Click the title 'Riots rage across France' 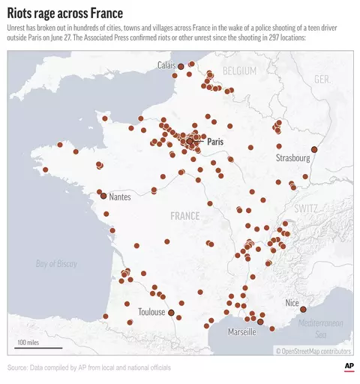(66, 13)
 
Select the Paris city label (215, 141)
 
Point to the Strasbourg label (292, 158)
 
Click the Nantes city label (119, 196)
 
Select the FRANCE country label (184, 216)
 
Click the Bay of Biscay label (57, 263)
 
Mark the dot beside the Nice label (303, 308)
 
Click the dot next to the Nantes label (103, 196)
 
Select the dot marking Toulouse (171, 312)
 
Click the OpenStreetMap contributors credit (313, 351)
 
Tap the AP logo (349, 365)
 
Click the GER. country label (322, 79)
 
